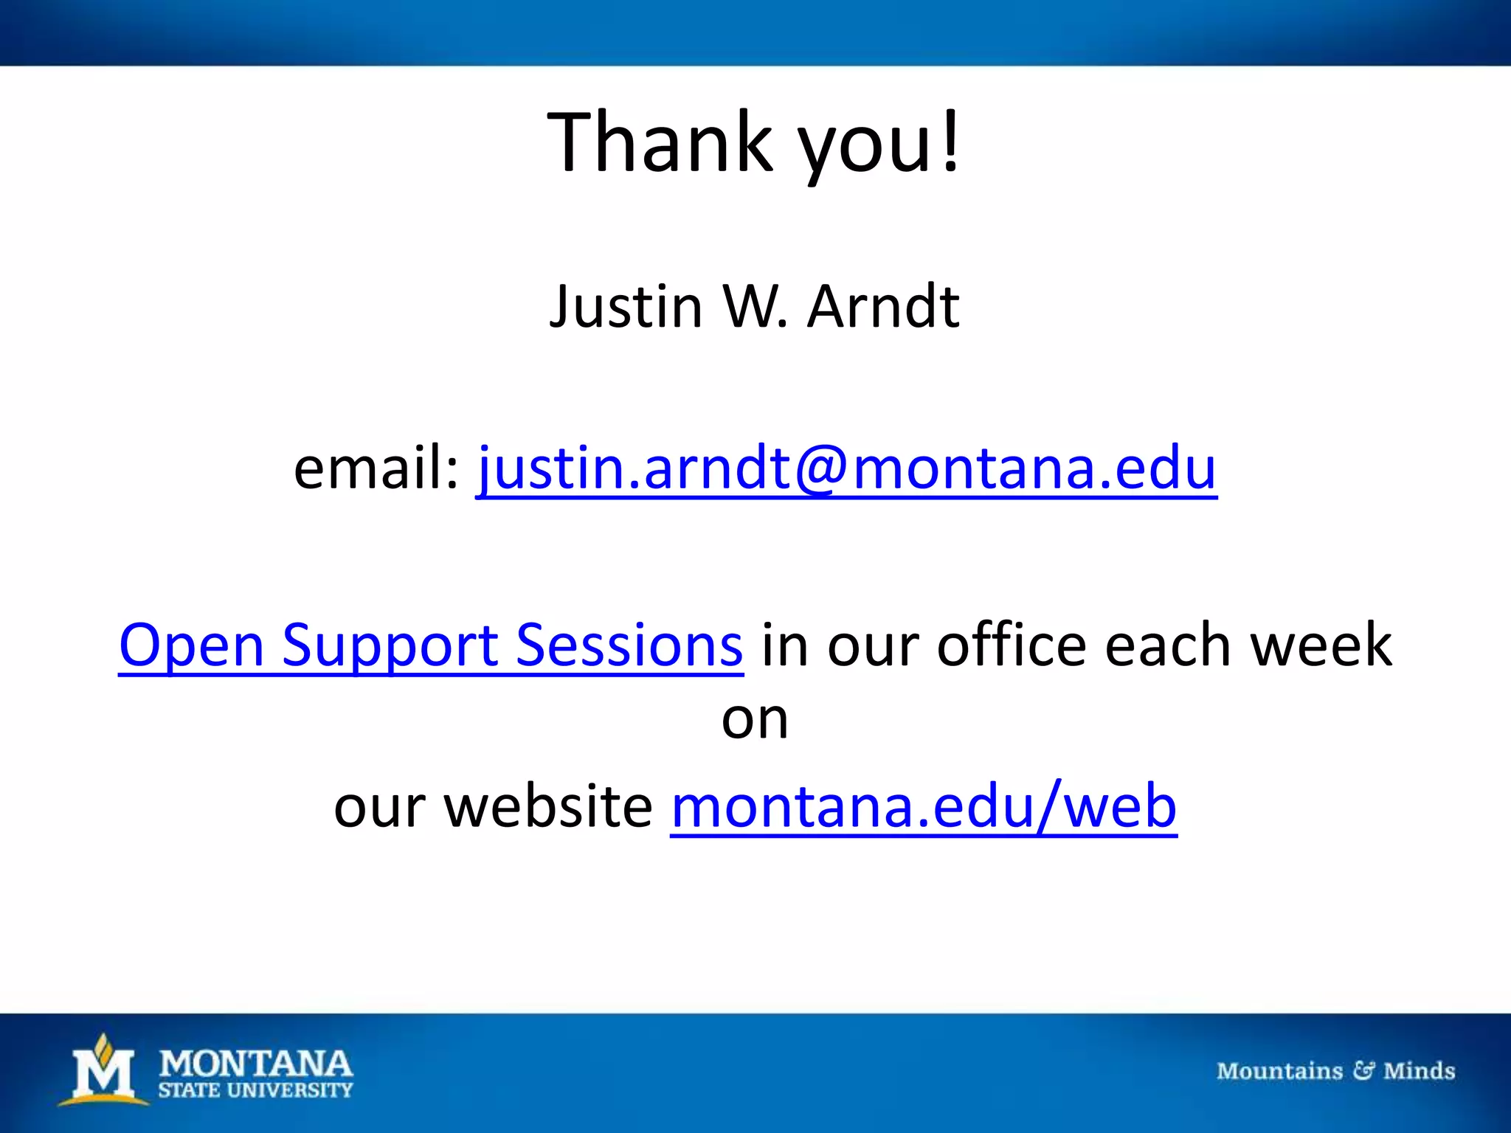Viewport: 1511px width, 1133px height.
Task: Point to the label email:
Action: tap(376, 468)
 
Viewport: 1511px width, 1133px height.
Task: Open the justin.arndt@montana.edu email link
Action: tap(846, 468)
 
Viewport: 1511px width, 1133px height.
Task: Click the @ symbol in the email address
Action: tap(821, 469)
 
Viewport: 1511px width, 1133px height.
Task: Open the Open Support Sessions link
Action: tap(431, 645)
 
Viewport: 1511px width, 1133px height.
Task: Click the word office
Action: tap(1012, 645)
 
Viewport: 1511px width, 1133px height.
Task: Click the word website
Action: tap(549, 807)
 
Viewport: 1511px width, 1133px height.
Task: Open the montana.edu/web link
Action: tap(923, 807)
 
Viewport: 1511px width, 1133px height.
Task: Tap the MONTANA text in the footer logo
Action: tap(256, 1064)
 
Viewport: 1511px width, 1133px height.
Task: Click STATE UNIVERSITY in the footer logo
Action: tap(256, 1090)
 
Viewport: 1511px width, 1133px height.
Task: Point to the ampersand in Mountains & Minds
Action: tap(1363, 1070)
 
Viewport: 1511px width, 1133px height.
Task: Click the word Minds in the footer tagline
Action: tap(1419, 1070)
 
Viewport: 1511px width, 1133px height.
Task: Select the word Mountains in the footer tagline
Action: tap(1279, 1070)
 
